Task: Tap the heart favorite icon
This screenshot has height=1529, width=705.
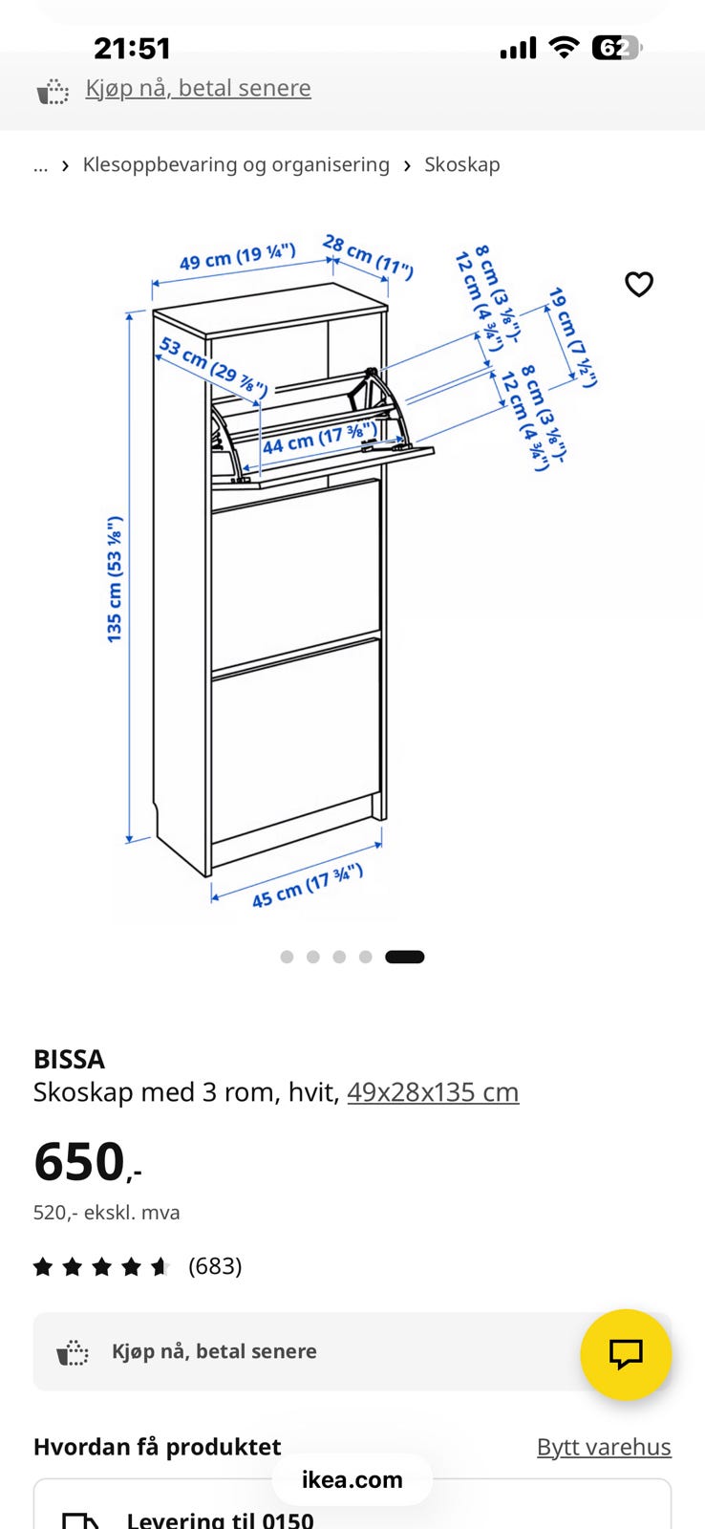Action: (639, 284)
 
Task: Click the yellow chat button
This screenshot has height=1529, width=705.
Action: (626, 1354)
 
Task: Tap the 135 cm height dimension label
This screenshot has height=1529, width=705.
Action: (114, 579)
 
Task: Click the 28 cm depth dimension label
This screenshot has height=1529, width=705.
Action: (368, 257)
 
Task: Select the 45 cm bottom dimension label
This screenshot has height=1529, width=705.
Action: (307, 886)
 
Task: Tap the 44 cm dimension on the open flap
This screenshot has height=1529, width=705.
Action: (320, 439)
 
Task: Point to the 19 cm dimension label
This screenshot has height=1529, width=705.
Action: (572, 337)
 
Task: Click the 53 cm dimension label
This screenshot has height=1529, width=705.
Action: (213, 366)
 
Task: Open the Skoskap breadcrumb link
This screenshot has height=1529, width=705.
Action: (462, 164)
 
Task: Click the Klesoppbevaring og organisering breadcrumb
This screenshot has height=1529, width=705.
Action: (236, 164)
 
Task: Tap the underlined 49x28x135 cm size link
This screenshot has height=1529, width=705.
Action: (433, 1092)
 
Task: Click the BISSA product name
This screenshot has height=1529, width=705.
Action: (69, 1060)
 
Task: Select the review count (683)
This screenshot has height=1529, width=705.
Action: (215, 1266)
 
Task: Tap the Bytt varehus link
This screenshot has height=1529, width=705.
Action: (604, 1447)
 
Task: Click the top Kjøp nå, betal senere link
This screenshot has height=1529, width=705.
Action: (198, 88)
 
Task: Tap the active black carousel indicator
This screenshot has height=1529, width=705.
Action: (405, 957)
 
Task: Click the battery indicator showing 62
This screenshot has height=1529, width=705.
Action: (616, 48)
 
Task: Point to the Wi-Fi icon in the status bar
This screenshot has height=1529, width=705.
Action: (564, 47)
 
